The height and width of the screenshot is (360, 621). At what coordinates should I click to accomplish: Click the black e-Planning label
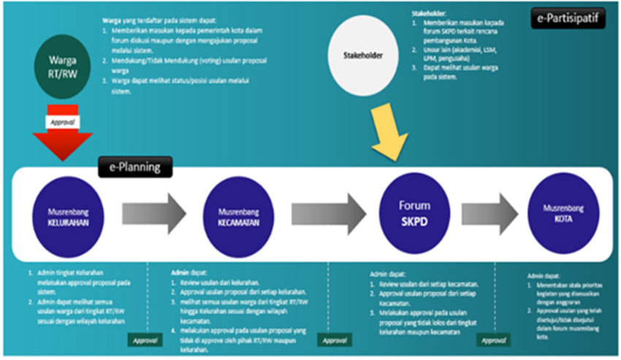point(135,167)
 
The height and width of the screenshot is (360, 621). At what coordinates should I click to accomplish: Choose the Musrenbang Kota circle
point(563,212)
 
